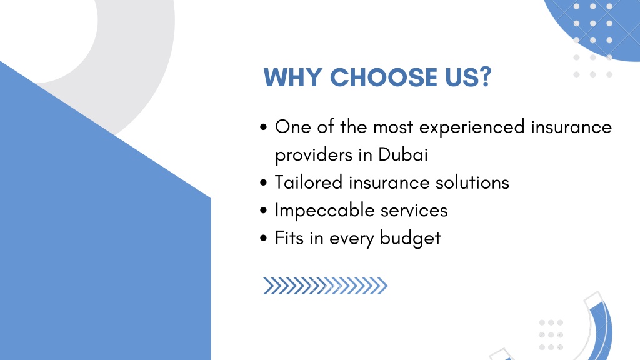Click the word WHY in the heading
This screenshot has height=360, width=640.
[x=292, y=77]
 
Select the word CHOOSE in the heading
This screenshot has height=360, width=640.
[x=384, y=77]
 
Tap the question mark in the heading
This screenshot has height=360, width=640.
[x=485, y=77]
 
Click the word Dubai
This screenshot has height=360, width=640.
[x=403, y=155]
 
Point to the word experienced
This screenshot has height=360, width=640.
[x=472, y=127]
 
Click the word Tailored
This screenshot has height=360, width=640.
[x=309, y=182]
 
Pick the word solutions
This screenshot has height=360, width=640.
[x=472, y=182]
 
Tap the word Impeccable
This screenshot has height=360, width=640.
[x=324, y=211]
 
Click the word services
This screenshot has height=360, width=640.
[x=414, y=211]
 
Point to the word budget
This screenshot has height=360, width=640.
[x=410, y=238]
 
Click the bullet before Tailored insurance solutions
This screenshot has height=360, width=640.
[x=263, y=182]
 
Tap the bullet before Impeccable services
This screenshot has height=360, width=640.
[x=263, y=210]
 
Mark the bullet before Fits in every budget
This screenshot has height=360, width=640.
[x=263, y=238]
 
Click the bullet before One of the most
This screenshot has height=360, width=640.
[x=263, y=127]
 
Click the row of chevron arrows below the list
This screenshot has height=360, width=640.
[x=325, y=286]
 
